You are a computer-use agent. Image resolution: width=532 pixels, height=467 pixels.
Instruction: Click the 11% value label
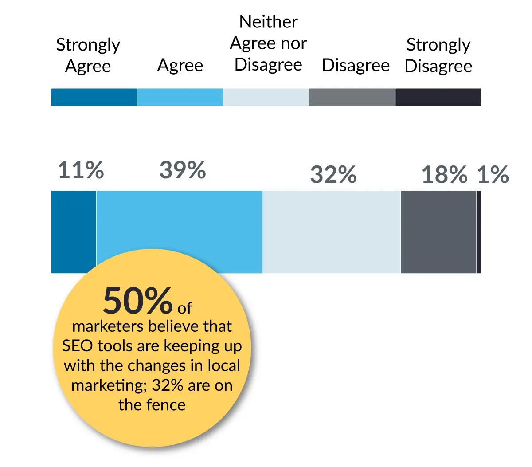pyautogui.click(x=81, y=171)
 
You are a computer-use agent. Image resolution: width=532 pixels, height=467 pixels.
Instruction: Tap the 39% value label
pyautogui.click(x=182, y=171)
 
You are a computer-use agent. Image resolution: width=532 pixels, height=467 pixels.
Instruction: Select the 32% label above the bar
pyautogui.click(x=333, y=175)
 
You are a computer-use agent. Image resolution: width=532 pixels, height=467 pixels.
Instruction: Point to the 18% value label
pyautogui.click(x=444, y=175)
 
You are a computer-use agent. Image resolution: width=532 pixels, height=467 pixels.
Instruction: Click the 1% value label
pyautogui.click(x=493, y=175)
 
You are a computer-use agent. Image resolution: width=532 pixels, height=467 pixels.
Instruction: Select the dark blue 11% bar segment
pyautogui.click(x=74, y=222)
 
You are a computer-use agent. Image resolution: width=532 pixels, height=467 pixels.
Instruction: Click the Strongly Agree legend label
pyautogui.click(x=88, y=55)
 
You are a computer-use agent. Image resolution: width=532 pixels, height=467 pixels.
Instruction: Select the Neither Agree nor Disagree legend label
pyautogui.click(x=268, y=43)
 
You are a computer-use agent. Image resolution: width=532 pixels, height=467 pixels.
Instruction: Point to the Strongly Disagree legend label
pyautogui.click(x=438, y=55)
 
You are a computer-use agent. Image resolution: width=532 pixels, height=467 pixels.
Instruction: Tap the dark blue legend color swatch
pyautogui.click(x=94, y=97)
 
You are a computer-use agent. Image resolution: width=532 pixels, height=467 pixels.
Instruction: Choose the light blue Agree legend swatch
pyautogui.click(x=180, y=97)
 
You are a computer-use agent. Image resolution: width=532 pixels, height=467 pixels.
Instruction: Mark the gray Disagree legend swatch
pyautogui.click(x=352, y=97)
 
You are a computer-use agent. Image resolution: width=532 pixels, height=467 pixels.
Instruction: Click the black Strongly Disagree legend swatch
pyautogui.click(x=438, y=97)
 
